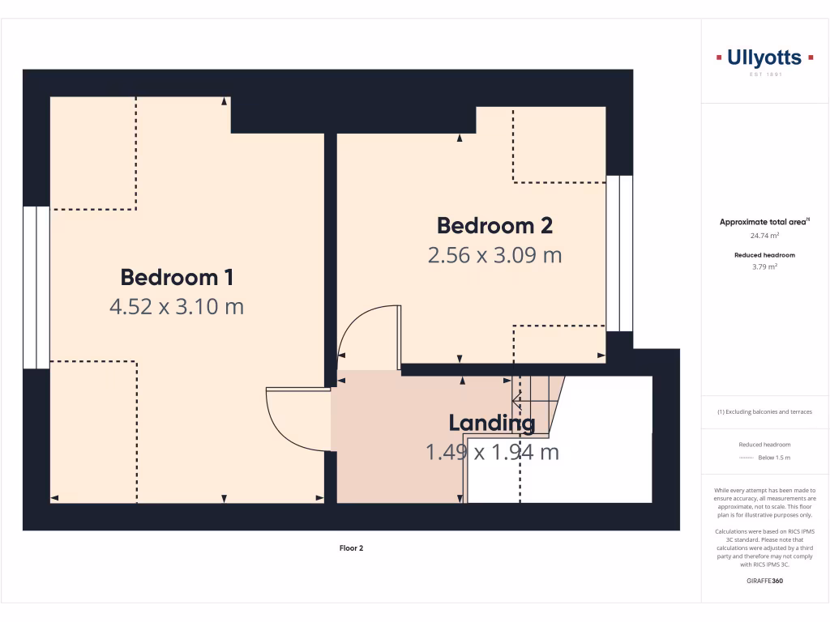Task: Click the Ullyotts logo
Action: pos(764,58)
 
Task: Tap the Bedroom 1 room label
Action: pos(177,277)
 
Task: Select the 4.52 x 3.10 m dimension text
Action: pos(177,307)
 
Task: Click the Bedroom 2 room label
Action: pos(494,225)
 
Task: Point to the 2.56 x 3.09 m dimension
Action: pos(494,255)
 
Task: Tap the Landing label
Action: pos(492,423)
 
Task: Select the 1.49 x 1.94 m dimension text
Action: pos(492,452)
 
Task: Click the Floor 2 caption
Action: pos(351,548)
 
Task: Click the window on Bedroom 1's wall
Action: pos(36,288)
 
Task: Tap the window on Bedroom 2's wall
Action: pos(620,253)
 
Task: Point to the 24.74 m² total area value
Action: pos(764,236)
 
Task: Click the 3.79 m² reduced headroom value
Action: pos(764,266)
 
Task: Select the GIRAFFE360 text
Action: pos(764,581)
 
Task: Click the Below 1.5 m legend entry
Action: pos(773,458)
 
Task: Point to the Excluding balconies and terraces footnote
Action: pos(764,411)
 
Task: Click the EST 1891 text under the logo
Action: pos(764,75)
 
